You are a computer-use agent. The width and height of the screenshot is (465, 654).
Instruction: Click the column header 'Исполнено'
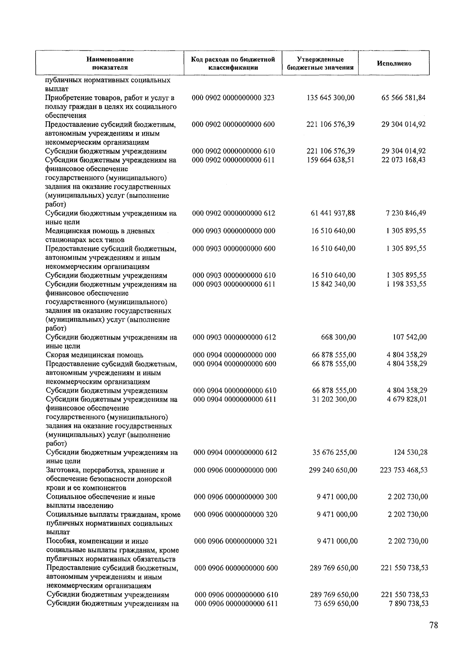point(394,64)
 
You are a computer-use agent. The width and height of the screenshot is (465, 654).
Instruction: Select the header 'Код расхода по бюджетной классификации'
point(233,64)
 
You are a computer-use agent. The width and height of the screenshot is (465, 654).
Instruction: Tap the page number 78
point(434,625)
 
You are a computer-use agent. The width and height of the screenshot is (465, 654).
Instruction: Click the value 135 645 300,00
point(330,98)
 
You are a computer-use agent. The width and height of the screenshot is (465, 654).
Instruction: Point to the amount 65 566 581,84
point(403,98)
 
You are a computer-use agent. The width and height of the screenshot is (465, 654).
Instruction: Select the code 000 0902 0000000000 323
point(233,98)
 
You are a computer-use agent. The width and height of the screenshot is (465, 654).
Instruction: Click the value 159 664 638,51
point(330,160)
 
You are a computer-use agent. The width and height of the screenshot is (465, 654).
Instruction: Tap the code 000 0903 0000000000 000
point(234,231)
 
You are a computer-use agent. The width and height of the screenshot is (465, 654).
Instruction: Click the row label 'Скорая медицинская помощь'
point(95,355)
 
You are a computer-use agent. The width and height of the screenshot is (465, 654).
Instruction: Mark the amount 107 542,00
point(410,337)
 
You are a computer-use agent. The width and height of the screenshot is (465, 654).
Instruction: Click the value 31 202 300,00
point(334,399)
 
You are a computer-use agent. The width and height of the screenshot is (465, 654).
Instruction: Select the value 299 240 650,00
point(333,470)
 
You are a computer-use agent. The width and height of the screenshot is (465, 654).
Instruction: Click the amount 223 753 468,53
point(404,470)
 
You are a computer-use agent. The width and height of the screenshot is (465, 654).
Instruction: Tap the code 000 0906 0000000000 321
point(236,541)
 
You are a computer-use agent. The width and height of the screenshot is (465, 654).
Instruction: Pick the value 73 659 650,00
point(336,603)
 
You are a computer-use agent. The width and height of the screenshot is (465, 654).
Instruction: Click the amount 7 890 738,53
point(408,603)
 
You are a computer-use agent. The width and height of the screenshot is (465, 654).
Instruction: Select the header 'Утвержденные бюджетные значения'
point(320,64)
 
